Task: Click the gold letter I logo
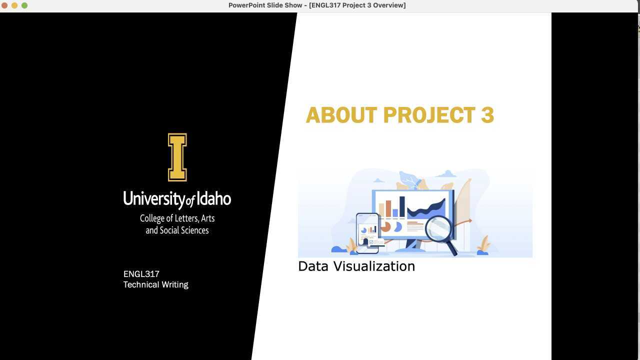(177, 157)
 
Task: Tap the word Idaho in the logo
(213, 198)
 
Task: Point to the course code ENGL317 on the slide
(141, 274)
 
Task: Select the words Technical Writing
(155, 284)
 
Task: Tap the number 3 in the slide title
(487, 115)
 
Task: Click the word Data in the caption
(313, 266)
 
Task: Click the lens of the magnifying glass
(438, 229)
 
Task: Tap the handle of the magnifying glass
(451, 248)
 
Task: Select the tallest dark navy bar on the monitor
(402, 206)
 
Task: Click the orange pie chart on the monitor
(385, 227)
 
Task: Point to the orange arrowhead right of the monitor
(469, 220)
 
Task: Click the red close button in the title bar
(4, 5)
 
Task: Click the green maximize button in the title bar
(24, 5)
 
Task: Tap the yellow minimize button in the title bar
(14, 5)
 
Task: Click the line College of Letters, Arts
(177, 218)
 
